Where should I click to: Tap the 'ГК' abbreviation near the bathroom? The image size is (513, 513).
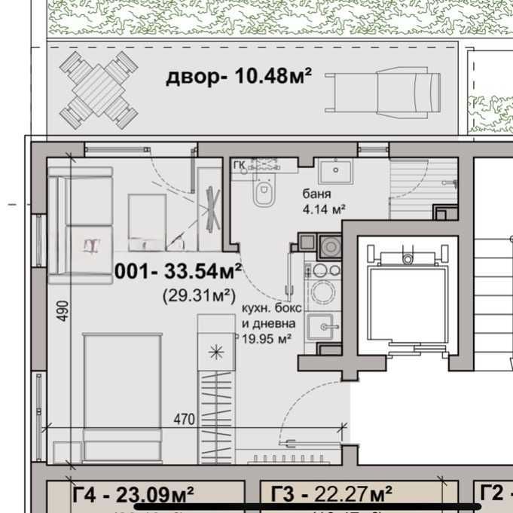[239, 166]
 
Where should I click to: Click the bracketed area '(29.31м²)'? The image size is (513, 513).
[196, 295]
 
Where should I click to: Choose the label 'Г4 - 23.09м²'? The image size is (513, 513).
[133, 494]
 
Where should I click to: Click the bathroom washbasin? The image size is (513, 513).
[333, 173]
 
